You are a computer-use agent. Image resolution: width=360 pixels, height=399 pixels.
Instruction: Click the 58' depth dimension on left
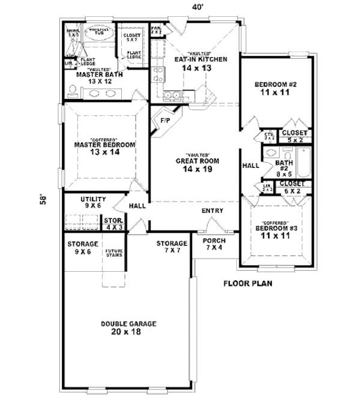(x=43, y=199)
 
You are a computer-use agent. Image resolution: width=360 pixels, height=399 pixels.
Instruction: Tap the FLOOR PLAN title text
(x=248, y=283)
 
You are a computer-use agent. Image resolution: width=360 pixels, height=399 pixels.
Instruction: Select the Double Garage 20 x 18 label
(x=128, y=328)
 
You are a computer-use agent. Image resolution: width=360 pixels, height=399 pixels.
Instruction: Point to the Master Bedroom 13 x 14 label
(x=105, y=148)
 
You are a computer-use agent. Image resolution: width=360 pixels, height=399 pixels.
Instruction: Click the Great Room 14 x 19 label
(x=197, y=164)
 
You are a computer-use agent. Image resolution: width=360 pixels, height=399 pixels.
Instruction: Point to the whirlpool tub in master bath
(x=97, y=33)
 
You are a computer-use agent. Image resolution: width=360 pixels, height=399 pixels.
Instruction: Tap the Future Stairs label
(x=113, y=253)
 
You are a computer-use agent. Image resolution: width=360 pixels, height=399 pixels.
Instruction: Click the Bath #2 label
(x=284, y=166)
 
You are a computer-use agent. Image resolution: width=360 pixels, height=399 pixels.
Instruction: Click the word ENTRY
(x=212, y=211)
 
